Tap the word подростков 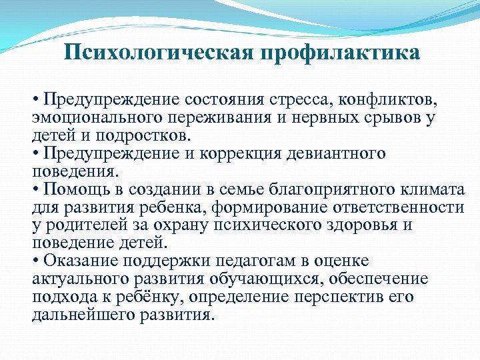tap(146, 136)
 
